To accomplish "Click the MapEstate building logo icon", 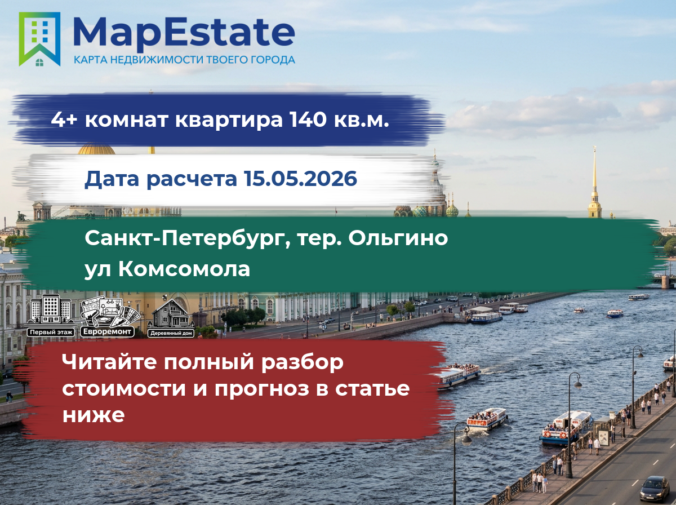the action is pos(39,39).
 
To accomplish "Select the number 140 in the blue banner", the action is pos(308,119).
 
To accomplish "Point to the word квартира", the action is pos(229,121).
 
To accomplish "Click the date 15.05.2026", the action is pos(300,178).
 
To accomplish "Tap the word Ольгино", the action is pos(398,239).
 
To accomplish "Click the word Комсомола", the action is pos(184,269).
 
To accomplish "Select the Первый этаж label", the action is pos(51,332).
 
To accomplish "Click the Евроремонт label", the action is pos(107,331).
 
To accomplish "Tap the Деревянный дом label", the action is pos(171,333).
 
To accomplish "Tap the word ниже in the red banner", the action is pos(94,415).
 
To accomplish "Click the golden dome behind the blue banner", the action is pos(96,149).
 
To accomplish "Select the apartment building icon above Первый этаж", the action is pos(51,310).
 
